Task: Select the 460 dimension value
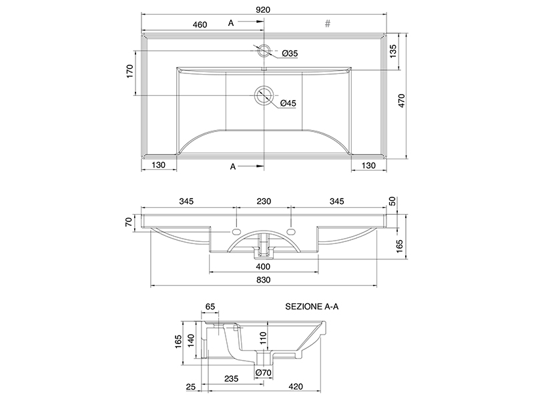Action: point(200,25)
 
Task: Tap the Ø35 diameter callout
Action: point(289,53)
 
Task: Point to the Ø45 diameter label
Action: point(288,103)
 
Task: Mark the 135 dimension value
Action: point(394,50)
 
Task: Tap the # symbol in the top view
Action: point(328,24)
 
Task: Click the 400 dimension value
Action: point(264,267)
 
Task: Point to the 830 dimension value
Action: point(264,281)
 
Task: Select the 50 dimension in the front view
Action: point(392,201)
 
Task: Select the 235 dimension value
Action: point(231,379)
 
